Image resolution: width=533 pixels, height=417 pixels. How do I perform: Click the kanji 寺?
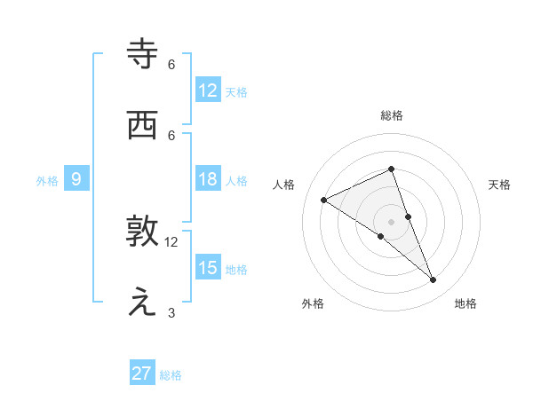click(x=143, y=54)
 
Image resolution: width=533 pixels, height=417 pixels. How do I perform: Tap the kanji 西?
click(x=143, y=125)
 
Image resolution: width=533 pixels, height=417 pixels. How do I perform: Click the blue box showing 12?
click(x=208, y=90)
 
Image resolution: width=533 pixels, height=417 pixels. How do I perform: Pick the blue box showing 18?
click(x=208, y=180)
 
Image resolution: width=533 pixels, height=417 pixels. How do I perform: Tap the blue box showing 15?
click(x=208, y=268)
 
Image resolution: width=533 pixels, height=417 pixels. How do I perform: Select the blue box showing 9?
click(x=76, y=180)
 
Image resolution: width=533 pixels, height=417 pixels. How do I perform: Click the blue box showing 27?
click(x=142, y=374)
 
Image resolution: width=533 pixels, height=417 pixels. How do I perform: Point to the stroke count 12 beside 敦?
click(x=171, y=241)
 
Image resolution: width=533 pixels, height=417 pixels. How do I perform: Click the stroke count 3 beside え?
click(x=171, y=312)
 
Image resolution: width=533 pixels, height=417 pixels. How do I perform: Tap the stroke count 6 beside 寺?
click(x=171, y=64)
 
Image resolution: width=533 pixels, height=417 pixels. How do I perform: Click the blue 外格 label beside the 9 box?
click(x=47, y=181)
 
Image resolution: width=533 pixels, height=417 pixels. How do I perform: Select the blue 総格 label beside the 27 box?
click(x=171, y=375)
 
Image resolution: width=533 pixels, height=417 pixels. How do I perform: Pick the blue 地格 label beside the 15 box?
click(x=236, y=270)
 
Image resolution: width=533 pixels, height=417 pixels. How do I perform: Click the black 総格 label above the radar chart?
click(x=391, y=115)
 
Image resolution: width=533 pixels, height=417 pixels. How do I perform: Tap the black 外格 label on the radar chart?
click(x=313, y=303)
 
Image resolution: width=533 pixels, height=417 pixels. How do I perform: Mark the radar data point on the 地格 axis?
click(x=434, y=280)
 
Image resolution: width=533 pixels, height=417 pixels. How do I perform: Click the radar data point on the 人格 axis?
click(x=324, y=200)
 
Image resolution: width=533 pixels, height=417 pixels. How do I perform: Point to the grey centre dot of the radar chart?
click(x=391, y=221)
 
